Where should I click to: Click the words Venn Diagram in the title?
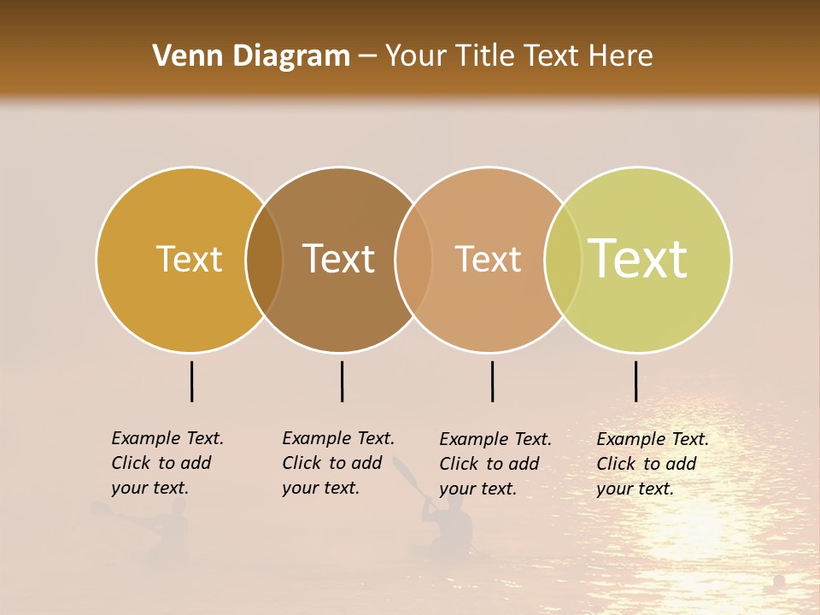251,56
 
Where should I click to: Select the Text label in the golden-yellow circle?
189,259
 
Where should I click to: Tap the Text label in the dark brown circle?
339,259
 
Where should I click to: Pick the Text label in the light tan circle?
488,259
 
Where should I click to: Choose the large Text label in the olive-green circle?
638,259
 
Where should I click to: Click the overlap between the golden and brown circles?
264,259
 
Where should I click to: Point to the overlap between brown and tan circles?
413,259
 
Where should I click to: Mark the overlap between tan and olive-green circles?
563,259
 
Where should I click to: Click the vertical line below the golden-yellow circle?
192,381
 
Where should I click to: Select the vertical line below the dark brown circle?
342,381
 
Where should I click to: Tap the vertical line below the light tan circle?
492,381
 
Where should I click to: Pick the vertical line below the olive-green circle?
635,381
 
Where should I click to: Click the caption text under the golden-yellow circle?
167,463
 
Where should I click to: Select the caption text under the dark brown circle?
337,463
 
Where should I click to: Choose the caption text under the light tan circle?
495,464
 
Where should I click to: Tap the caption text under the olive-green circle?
652,464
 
